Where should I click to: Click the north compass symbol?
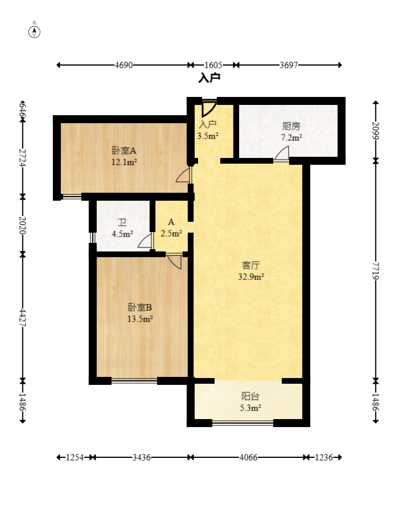tap(34, 31)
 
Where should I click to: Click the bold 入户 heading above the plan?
tap(209, 78)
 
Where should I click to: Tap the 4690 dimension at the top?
tap(124, 65)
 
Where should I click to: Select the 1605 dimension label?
tap(213, 65)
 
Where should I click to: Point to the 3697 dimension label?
tap(289, 65)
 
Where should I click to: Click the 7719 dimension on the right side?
tap(376, 271)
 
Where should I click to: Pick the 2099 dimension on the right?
tap(376, 131)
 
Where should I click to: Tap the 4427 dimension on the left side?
tap(23, 318)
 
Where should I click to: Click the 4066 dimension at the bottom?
tap(248, 457)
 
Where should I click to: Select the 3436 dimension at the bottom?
tap(141, 457)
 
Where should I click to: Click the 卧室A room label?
tap(124, 151)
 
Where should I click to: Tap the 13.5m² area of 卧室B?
tap(140, 319)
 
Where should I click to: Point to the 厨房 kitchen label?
tap(292, 127)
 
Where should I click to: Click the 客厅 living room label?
tap(251, 265)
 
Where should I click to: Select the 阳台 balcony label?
tap(250, 396)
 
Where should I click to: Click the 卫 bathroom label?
tap(122, 222)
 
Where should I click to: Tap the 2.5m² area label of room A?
tap(171, 233)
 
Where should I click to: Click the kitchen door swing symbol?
tap(282, 154)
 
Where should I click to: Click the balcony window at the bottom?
tap(243, 423)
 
